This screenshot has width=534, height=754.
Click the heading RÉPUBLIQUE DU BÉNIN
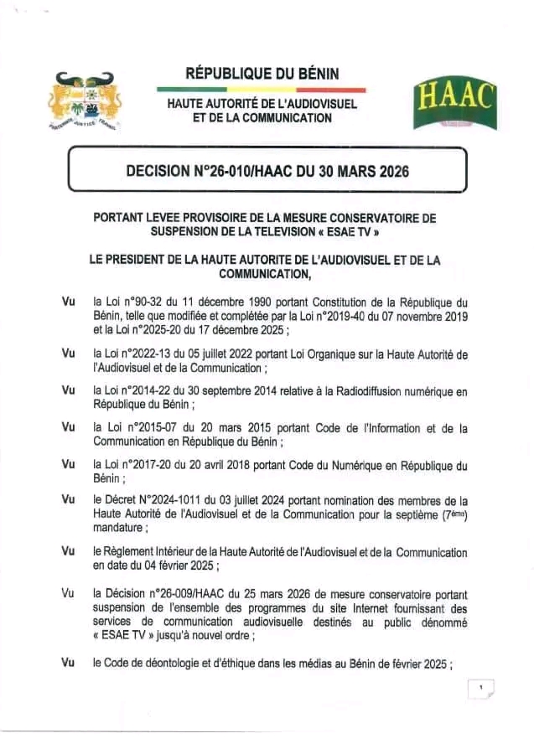pos(262,74)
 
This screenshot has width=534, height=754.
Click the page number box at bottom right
pos(481,688)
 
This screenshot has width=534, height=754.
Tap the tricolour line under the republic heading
pos(262,90)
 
